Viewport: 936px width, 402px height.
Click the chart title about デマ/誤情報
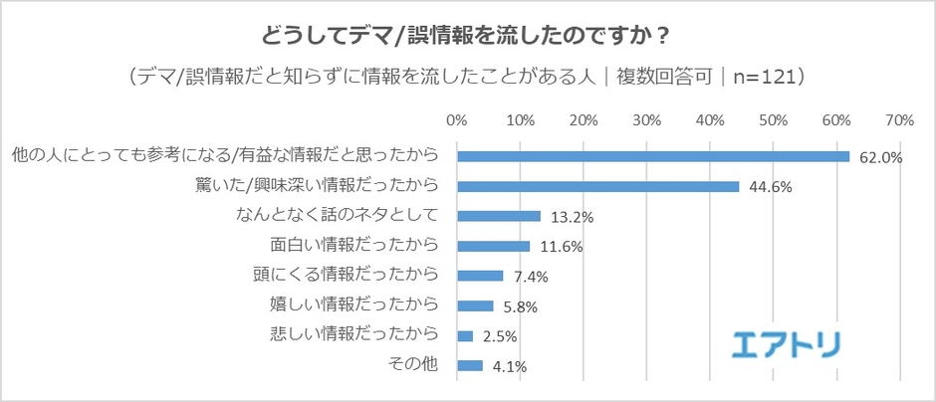466,36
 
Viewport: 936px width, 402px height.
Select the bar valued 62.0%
652,156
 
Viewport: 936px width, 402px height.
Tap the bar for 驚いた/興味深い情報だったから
597,186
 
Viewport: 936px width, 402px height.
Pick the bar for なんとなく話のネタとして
498,216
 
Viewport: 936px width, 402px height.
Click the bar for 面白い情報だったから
493,246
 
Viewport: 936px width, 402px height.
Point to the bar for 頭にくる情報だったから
480,276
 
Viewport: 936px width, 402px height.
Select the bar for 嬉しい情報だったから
475,305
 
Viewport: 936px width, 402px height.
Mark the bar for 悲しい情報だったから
464,335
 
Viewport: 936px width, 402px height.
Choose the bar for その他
469,365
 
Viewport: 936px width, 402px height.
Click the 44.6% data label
768,187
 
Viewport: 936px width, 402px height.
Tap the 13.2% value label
569,217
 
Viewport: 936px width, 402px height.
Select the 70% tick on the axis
899,120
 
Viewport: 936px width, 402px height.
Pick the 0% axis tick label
457,120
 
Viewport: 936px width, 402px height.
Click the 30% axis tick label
646,120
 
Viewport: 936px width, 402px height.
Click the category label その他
412,365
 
